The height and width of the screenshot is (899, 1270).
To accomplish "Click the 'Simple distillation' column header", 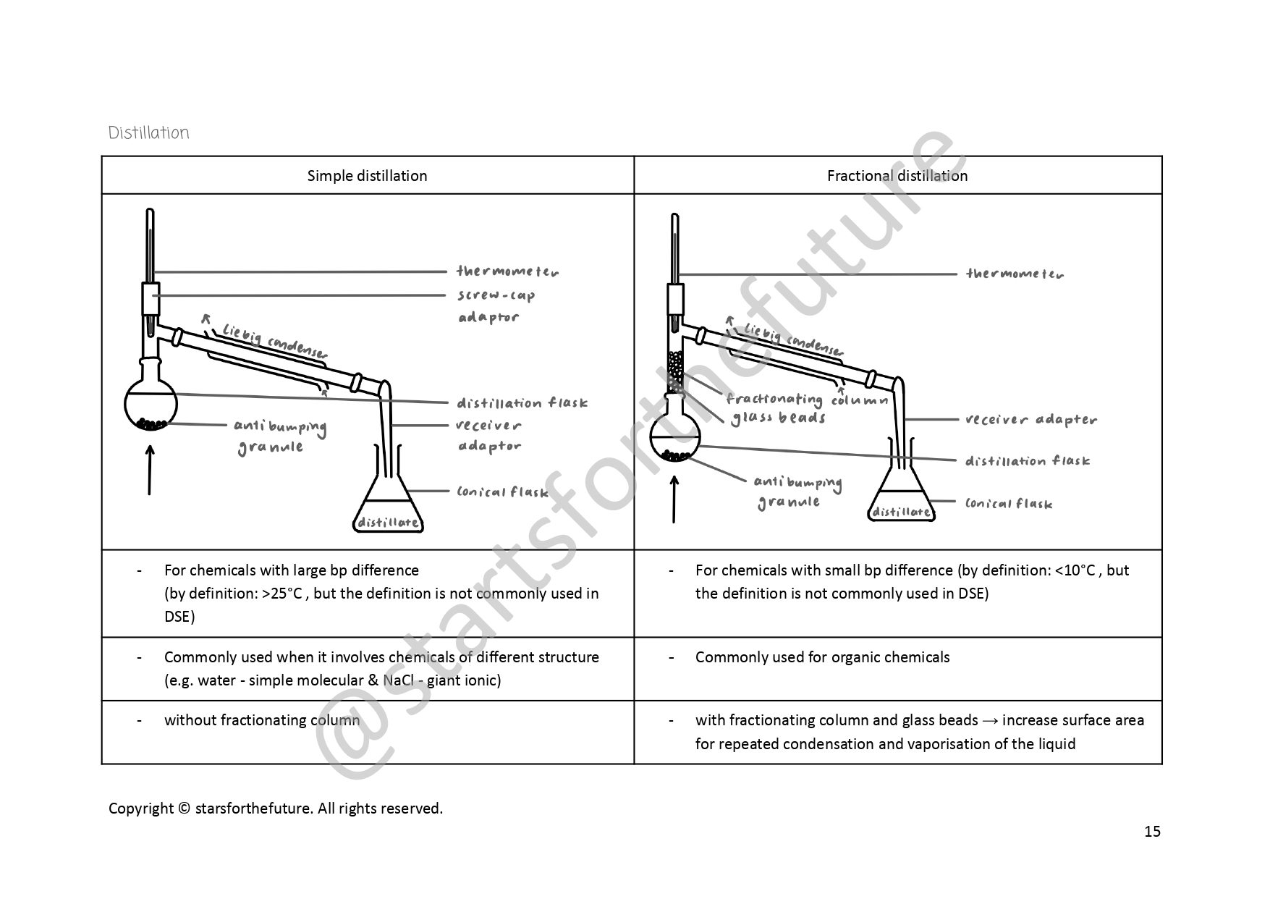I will point(367,176).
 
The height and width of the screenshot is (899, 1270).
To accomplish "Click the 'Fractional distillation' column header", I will point(897,176).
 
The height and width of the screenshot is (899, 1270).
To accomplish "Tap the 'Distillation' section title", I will point(148,132).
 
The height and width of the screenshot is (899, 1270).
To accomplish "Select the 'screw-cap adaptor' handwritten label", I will point(496,305).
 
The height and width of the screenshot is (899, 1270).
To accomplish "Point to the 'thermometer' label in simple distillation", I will point(507,271).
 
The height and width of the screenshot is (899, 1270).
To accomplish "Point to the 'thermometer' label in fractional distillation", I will point(1015,274).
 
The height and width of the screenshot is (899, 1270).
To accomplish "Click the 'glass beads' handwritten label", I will point(778,418).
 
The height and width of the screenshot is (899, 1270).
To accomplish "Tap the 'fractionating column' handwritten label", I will point(805,400).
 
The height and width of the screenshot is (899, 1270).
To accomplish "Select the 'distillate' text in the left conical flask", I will point(388,522).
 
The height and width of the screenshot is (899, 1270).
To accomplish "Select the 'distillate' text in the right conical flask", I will point(901,512).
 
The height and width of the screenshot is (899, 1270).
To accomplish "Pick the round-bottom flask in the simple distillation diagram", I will point(151,405).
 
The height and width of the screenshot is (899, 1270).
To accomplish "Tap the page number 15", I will point(1152,831).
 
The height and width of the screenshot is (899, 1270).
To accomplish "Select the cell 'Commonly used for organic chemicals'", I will point(822,657).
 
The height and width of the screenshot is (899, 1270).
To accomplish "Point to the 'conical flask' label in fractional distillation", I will point(1008,504).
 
